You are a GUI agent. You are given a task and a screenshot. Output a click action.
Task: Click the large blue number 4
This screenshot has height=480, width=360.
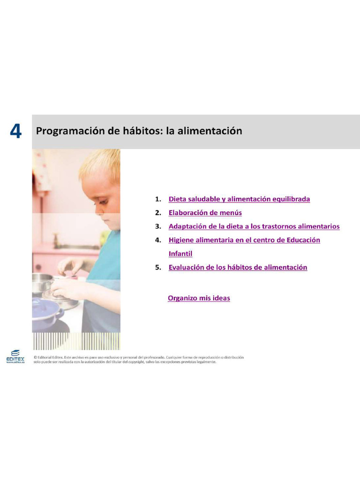click(15, 132)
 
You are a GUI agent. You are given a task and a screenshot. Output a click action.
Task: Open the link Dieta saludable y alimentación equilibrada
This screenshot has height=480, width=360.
click(239, 199)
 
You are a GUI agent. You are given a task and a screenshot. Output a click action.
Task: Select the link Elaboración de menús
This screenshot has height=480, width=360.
click(205, 212)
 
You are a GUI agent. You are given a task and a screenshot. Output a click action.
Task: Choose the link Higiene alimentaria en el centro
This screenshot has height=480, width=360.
click(225, 240)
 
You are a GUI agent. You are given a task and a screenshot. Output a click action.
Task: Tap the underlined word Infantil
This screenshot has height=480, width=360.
click(180, 254)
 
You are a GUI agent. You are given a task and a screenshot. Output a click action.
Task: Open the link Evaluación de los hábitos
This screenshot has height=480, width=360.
click(238, 267)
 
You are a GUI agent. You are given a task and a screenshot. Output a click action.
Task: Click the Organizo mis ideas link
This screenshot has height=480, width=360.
click(199, 298)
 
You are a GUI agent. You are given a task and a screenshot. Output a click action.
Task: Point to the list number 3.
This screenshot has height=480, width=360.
click(158, 226)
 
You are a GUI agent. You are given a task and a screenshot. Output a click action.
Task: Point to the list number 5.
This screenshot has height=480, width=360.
click(158, 267)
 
